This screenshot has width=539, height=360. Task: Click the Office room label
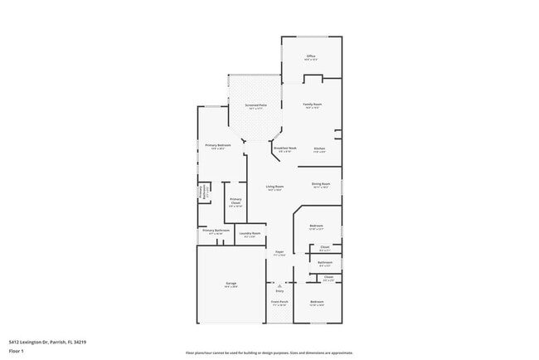311,56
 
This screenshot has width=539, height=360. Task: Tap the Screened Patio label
255,106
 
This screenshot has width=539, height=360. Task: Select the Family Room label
312,105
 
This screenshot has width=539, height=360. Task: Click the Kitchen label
319,148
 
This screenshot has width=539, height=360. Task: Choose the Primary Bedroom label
218,146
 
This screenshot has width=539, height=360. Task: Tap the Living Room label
274,187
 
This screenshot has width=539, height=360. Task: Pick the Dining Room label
321,184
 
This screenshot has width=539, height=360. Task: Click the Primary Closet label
236,201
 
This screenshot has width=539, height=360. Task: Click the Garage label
231,285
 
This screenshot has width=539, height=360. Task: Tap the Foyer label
280,251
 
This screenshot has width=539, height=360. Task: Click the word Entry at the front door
279,290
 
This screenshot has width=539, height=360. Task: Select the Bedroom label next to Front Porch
317,301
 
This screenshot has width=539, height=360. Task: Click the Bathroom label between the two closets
325,263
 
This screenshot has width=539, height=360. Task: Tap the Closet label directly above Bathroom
324,247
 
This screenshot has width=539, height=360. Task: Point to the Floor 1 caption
17,349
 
